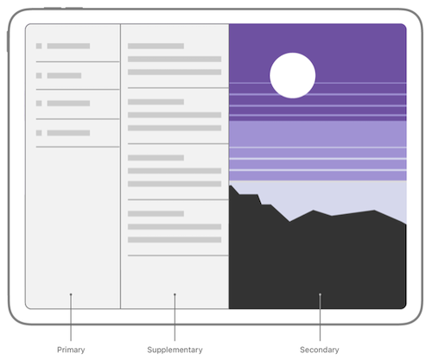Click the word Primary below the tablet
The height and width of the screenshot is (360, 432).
click(x=71, y=350)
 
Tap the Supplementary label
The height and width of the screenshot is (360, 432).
click(x=175, y=350)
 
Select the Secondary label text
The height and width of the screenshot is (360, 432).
click(x=320, y=350)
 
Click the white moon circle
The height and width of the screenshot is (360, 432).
click(x=293, y=75)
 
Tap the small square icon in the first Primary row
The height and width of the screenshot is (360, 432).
click(x=39, y=46)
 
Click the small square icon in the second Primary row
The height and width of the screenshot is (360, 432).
click(x=39, y=76)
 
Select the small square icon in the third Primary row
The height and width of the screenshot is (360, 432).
click(x=39, y=104)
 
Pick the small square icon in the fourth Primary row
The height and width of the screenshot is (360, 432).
click(x=39, y=133)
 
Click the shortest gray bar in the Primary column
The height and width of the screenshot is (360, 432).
click(x=64, y=76)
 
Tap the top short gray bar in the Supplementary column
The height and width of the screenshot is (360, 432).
click(x=156, y=46)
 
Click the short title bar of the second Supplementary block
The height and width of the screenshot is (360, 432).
click(x=156, y=102)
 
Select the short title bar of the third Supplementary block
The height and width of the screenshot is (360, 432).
click(x=156, y=158)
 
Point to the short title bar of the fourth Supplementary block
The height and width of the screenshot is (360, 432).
click(x=156, y=213)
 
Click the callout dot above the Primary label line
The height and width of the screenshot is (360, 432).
click(x=71, y=294)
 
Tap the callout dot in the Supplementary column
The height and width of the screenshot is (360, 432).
click(x=175, y=294)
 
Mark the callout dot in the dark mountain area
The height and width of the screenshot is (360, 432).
click(x=320, y=294)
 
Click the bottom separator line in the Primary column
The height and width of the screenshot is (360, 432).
click(x=78, y=147)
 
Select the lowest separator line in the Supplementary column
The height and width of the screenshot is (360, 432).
click(x=178, y=256)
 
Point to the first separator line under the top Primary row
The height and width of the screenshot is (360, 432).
click(x=78, y=61)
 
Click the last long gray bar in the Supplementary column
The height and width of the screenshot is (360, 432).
click(x=175, y=240)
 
